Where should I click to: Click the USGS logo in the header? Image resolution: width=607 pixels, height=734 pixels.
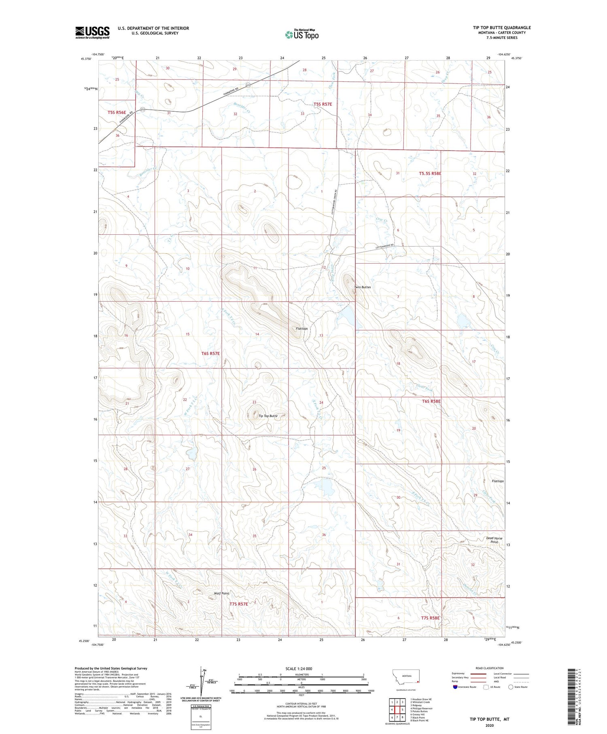point(92,32)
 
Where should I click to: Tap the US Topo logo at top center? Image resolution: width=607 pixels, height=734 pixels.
point(302,34)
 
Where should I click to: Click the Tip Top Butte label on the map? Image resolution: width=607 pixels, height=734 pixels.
point(268,416)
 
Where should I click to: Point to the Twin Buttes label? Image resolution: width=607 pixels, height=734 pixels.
point(362,287)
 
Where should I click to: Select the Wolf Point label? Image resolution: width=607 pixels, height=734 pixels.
point(221,594)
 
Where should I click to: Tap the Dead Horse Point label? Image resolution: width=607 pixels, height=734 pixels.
point(494,540)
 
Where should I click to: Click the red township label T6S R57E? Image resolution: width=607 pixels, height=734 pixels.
point(210,353)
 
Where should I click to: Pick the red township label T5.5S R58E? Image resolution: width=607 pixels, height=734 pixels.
point(430,173)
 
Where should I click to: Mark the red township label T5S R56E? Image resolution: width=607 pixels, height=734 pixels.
point(117,112)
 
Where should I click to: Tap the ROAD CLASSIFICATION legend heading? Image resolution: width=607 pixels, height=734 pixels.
point(490,668)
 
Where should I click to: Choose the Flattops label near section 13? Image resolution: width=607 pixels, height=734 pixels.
point(302,328)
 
